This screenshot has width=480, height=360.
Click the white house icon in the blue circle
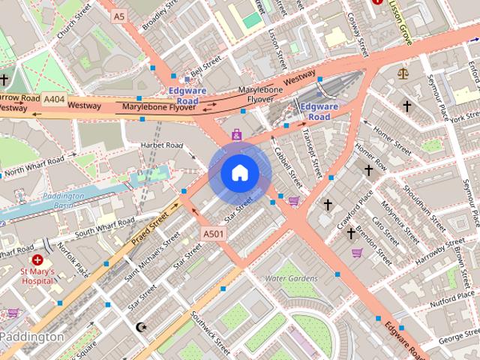pos(239,172)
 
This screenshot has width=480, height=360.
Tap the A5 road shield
pos(119,15)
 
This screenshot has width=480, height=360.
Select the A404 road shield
pos(54,98)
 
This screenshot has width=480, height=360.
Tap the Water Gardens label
pos(292,278)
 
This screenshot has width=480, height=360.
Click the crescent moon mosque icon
pos(141,327)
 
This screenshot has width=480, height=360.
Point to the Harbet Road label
pos(164,145)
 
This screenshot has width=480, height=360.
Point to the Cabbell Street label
pos(287,166)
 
